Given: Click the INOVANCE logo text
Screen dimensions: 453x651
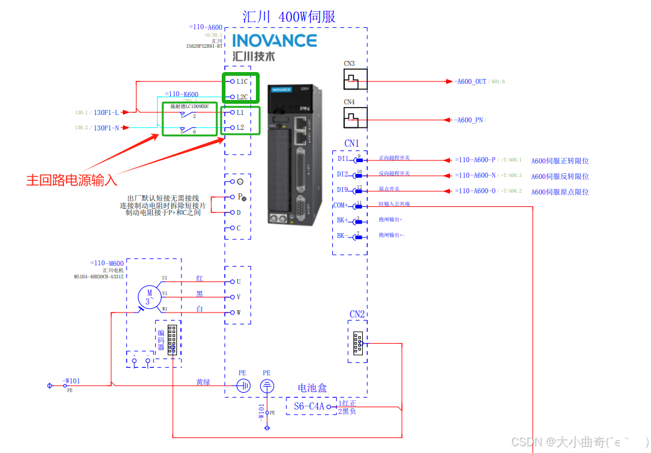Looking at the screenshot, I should click(274, 41).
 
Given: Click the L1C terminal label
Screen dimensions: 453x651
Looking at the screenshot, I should click(242, 81).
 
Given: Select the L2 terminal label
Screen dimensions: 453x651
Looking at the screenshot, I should click(240, 127).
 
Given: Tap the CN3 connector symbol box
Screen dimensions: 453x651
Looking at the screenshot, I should click(355, 79).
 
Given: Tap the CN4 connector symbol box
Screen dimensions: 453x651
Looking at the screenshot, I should click(355, 117).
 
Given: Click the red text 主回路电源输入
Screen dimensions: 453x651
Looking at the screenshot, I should click(71, 180).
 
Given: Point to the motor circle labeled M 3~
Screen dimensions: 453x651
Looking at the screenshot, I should click(149, 296).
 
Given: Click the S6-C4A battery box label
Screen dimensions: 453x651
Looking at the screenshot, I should click(309, 406).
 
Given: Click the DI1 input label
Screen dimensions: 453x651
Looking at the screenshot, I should click(343, 158).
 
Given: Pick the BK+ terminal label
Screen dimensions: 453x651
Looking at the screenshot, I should click(343, 220).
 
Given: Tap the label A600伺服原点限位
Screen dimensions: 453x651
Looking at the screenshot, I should click(560, 192).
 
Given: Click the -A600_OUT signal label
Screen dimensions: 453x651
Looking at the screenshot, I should click(470, 81).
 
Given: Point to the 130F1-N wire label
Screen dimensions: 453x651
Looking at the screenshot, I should click(106, 128).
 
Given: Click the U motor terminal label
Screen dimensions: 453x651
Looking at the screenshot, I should click(239, 281).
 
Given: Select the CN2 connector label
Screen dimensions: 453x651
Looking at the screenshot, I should click(357, 314).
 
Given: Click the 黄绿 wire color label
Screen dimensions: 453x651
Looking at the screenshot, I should click(203, 382).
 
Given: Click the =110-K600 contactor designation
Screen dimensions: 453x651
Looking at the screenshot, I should click(182, 94).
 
